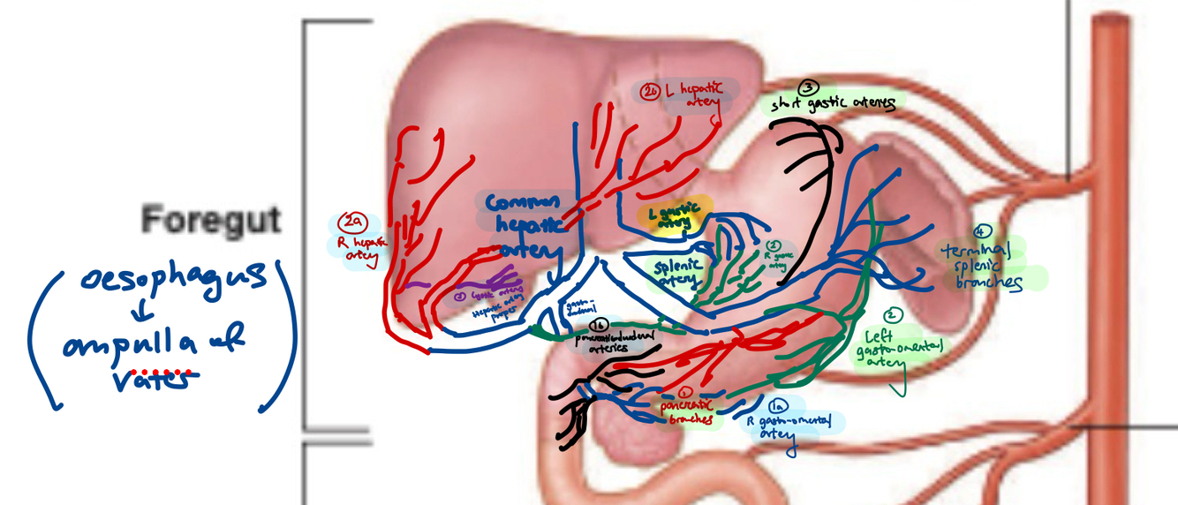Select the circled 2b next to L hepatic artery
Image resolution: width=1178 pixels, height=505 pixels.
point(652,90)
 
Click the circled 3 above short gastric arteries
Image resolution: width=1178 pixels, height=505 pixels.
point(808,87)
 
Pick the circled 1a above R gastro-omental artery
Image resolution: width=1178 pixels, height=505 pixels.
point(778,407)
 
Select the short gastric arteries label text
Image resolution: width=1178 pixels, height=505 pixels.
point(833,104)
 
